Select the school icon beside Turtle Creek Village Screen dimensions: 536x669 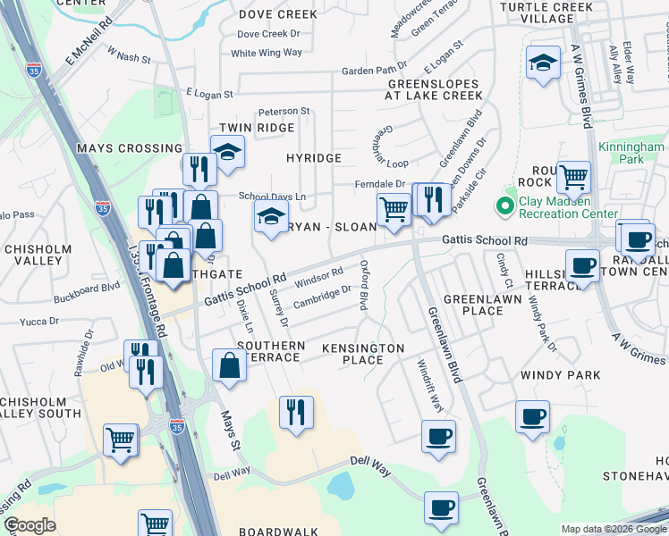(x=542, y=64)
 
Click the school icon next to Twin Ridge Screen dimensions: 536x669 (x=228, y=153)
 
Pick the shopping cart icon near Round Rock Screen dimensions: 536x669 (x=573, y=176)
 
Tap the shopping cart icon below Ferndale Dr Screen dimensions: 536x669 (x=394, y=211)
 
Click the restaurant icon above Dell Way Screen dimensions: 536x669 (x=296, y=413)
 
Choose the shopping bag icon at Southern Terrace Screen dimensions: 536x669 (x=230, y=365)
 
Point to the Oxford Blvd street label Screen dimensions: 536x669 (x=364, y=285)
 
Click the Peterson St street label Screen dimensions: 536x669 (x=284, y=112)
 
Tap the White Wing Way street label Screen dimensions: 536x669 (x=267, y=53)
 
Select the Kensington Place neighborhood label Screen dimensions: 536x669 (x=363, y=354)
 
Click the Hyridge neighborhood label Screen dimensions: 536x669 (x=314, y=158)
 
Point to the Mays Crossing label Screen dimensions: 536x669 (x=130, y=148)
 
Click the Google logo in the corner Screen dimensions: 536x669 (x=30, y=525)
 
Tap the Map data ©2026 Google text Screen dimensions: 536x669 (x=613, y=529)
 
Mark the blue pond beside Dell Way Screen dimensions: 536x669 (x=341, y=486)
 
